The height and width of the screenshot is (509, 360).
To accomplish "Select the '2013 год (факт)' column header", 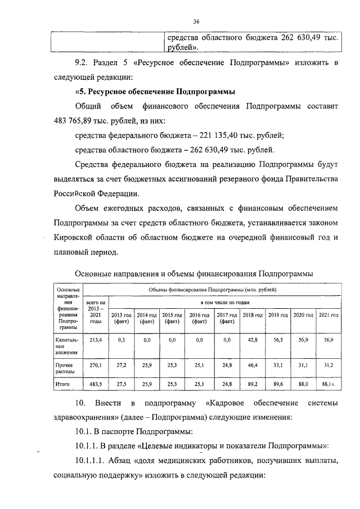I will [x=121, y=318].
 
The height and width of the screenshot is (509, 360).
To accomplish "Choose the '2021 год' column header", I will [x=327, y=315].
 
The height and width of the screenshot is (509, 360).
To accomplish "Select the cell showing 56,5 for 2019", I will [x=277, y=340].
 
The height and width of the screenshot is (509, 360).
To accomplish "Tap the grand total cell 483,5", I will [x=95, y=384].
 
